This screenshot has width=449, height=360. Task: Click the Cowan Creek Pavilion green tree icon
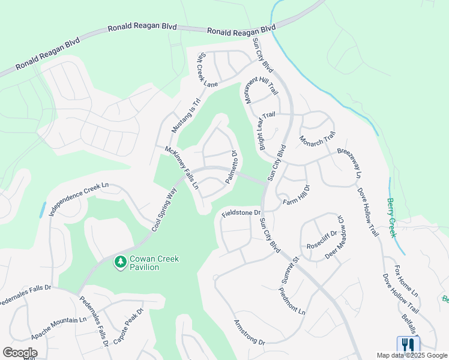(120, 262)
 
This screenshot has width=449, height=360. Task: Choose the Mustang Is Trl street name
(185, 116)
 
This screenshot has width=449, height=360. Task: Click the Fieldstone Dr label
(241, 212)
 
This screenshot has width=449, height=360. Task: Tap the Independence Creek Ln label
(80, 199)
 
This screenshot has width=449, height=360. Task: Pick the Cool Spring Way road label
(163, 207)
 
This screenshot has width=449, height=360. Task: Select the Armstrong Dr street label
(249, 331)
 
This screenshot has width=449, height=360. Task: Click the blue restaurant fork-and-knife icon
(408, 344)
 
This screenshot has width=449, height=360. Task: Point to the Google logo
(20, 353)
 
